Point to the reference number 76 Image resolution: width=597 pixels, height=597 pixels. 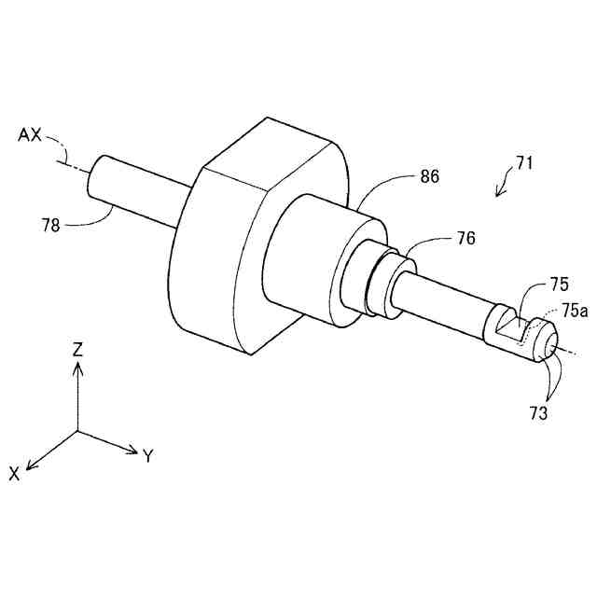tap(464, 239)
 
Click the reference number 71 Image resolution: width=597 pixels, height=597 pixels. tap(524, 163)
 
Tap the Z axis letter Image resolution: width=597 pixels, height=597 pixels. tap(78, 351)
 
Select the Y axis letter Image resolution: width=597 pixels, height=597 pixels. tap(147, 456)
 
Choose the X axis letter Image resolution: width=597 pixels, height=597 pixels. tap(15, 474)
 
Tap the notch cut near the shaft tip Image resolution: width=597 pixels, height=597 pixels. tap(509, 325)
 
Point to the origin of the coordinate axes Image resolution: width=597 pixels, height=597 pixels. tap(78, 432)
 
